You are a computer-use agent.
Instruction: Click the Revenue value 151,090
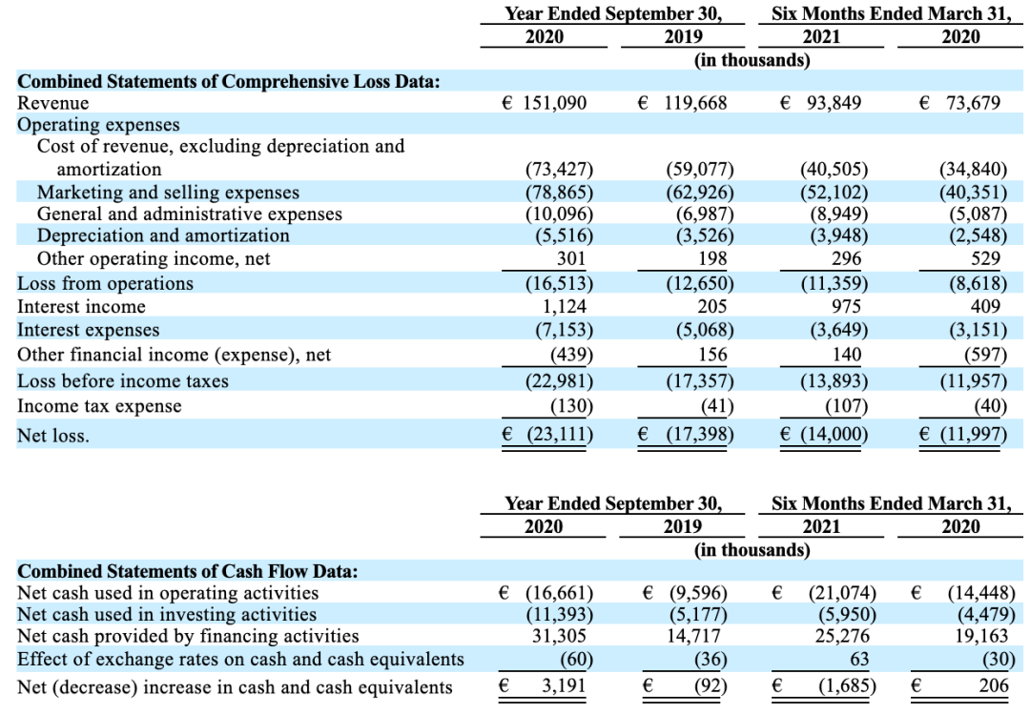tap(554, 103)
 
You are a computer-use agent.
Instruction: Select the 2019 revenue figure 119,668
tap(695, 103)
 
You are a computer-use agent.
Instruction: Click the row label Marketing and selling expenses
tap(168, 193)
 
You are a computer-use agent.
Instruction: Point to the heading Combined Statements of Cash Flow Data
tap(188, 571)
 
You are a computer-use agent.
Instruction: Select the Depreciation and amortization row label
tap(163, 235)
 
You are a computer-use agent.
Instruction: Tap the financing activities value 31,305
tap(559, 636)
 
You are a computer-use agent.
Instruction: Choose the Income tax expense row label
tap(99, 406)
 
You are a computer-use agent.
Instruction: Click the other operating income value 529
tap(985, 258)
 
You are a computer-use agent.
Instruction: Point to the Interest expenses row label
tap(88, 330)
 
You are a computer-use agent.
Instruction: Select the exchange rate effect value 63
tap(859, 659)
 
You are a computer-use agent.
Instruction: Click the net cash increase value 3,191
tap(564, 685)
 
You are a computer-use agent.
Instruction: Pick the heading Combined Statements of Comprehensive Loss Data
tap(229, 81)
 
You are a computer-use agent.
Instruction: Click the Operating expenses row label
tap(98, 125)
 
